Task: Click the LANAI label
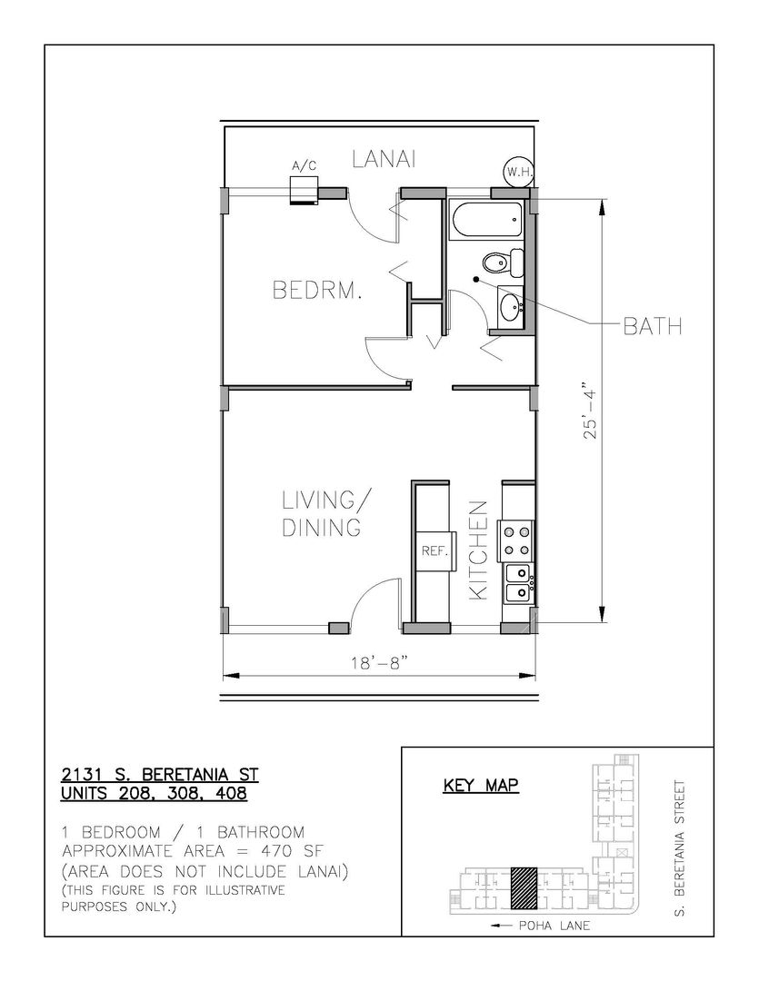pyautogui.click(x=384, y=159)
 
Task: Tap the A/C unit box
pyautogui.click(x=305, y=190)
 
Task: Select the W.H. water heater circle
pyautogui.click(x=519, y=172)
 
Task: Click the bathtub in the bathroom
pyautogui.click(x=486, y=220)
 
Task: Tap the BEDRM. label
pyautogui.click(x=317, y=291)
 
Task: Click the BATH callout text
pyautogui.click(x=653, y=326)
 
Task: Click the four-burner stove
pyautogui.click(x=515, y=541)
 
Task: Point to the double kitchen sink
pyautogui.click(x=518, y=584)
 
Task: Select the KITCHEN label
pyautogui.click(x=478, y=550)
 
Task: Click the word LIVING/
pyautogui.click(x=325, y=500)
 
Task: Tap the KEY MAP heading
pyautogui.click(x=481, y=785)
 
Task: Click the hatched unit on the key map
pyautogui.click(x=524, y=887)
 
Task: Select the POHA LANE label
pyautogui.click(x=541, y=926)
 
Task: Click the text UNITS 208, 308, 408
pyautogui.click(x=154, y=793)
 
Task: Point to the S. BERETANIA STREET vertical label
pyautogui.click(x=680, y=847)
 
